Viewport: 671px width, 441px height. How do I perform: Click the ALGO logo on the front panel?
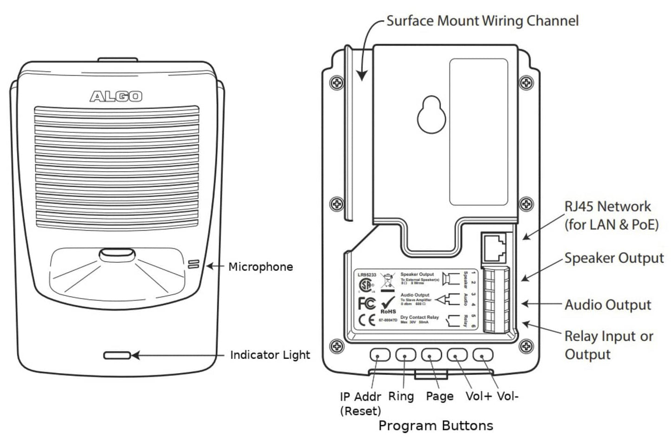coord(116,96)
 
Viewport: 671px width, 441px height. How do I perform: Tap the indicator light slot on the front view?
coord(117,356)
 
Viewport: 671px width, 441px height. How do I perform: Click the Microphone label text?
coord(261,267)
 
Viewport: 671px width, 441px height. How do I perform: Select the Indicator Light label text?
coord(270,355)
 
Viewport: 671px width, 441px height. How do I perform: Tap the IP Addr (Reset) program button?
coord(380,355)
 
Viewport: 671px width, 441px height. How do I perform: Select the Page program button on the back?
coord(431,355)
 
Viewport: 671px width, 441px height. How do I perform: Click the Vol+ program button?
coord(457,355)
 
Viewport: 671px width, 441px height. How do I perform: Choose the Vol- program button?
coord(482,355)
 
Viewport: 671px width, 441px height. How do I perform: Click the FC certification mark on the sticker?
coord(367,303)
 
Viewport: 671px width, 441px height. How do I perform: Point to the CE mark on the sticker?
coord(367,321)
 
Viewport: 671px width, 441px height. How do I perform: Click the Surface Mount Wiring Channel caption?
coord(482,21)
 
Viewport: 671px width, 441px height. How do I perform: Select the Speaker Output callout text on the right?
coord(614,259)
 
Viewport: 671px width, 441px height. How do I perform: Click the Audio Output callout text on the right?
coord(608,305)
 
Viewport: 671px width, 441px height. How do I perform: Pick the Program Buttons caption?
coord(436,426)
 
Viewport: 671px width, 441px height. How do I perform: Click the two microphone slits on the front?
coord(194,265)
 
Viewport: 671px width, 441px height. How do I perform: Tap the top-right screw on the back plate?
coord(526,83)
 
